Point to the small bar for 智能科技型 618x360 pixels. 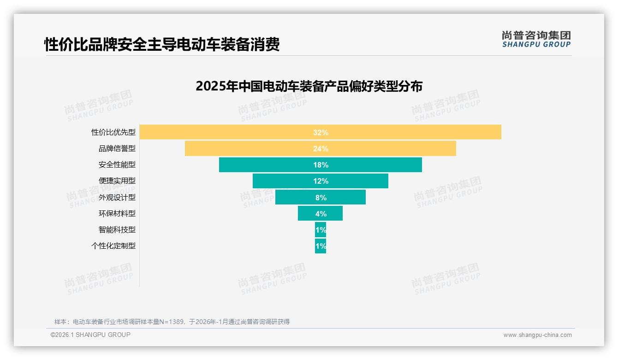point(321,229)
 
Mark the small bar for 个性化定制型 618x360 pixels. point(321,246)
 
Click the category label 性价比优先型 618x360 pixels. point(113,132)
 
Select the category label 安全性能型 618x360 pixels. point(117,165)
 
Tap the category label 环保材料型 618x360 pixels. point(117,213)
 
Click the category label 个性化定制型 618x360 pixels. point(113,246)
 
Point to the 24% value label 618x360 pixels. point(321,149)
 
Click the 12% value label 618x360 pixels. point(321,181)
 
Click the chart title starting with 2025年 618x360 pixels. point(309,86)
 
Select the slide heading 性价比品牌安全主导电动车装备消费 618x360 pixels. point(162,45)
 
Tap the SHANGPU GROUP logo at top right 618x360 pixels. point(536,39)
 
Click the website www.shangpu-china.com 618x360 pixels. point(537,335)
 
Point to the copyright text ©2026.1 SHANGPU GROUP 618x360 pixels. point(90,335)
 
